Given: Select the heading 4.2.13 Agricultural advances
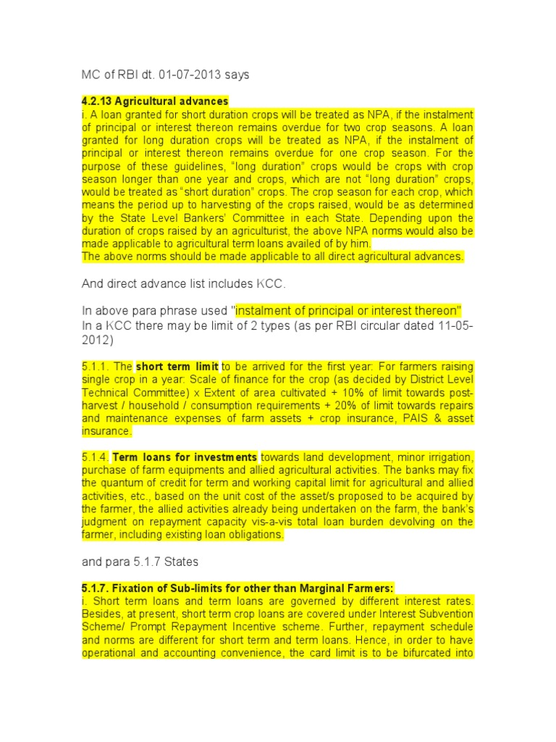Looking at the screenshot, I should [155, 101].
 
